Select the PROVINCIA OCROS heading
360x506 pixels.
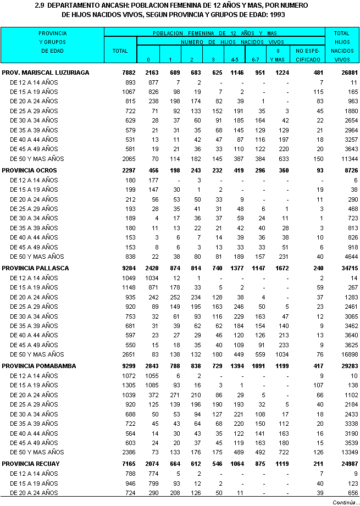click(x=29, y=170)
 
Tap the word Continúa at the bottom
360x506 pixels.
click(x=343, y=501)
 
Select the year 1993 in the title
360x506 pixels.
click(x=278, y=14)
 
